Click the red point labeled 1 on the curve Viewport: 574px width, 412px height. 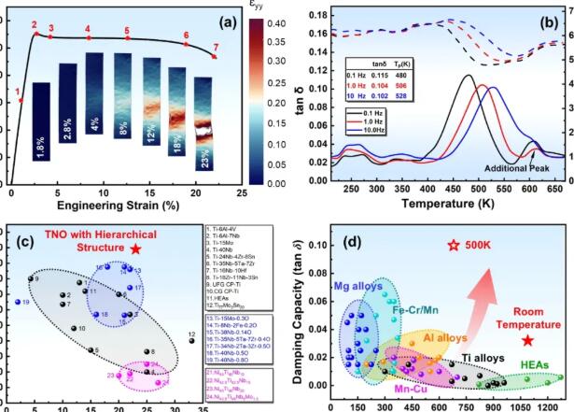[21, 101]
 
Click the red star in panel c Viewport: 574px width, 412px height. [136, 249]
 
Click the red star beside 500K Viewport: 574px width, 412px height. [454, 246]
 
